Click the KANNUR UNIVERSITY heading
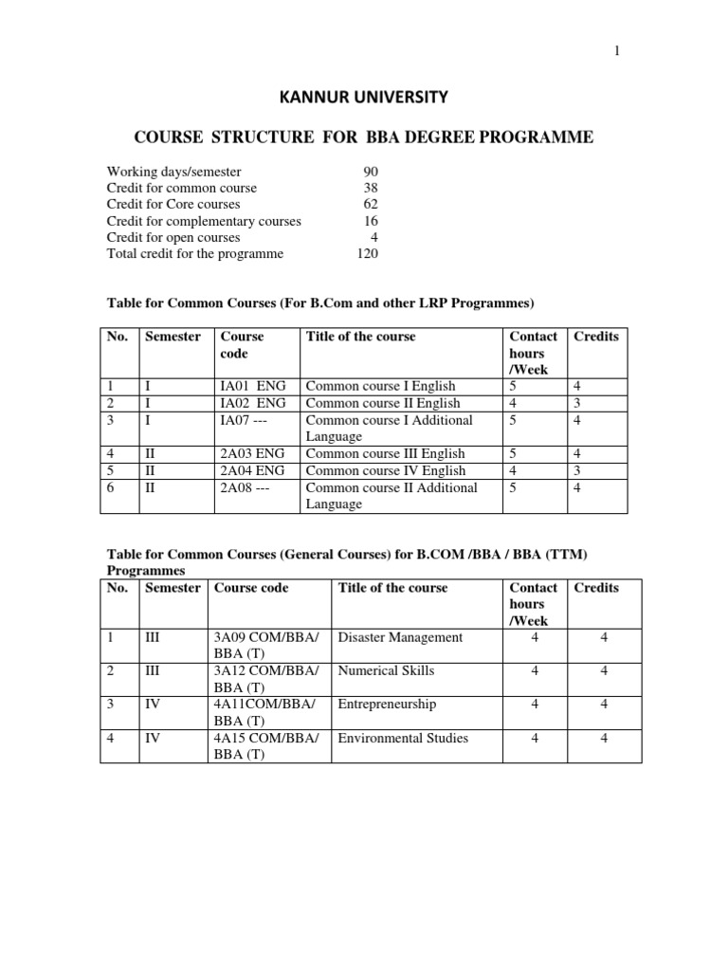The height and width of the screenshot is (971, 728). (364, 97)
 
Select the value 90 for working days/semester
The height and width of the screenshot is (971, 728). (371, 172)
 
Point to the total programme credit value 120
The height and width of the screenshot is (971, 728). (367, 254)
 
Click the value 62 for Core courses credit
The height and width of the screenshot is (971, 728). (371, 204)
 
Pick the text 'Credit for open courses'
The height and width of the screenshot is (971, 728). (173, 237)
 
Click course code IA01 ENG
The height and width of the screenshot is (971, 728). (252, 386)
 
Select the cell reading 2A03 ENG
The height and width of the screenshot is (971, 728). (252, 453)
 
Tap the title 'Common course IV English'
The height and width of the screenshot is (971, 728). (386, 470)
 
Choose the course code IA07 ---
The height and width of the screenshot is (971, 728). (246, 419)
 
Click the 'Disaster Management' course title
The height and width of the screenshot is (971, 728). (400, 637)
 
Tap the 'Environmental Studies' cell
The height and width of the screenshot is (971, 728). (403, 738)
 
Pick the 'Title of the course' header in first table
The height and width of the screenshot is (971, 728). (360, 337)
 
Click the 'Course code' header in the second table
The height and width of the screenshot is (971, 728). (251, 588)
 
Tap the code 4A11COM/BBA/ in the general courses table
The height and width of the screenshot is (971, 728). (265, 705)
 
